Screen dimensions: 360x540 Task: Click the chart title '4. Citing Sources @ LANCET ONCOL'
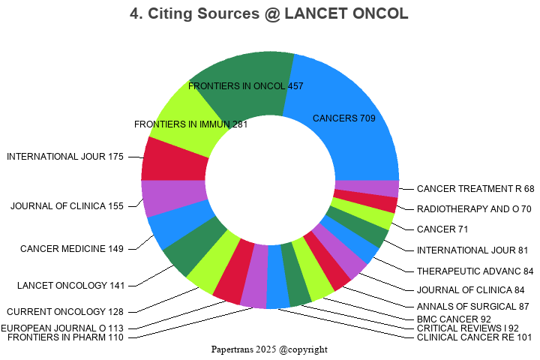coord(270,14)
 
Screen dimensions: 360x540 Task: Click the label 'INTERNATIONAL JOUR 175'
coord(65,157)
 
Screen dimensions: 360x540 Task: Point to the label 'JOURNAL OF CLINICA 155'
coord(67,206)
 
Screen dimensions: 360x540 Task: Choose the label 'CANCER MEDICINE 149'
coord(72,249)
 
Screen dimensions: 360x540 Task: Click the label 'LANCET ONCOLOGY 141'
coord(70,285)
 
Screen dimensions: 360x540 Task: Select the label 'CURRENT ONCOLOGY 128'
coord(65,311)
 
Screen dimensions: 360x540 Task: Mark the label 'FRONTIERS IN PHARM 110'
coord(65,337)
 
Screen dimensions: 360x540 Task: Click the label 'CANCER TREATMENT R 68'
coord(475,189)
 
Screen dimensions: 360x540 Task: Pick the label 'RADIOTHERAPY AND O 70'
coord(474,209)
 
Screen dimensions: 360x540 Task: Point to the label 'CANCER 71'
coord(442,229)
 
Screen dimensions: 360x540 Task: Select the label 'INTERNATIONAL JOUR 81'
coord(472,250)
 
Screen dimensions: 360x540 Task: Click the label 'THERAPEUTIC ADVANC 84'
coord(475,271)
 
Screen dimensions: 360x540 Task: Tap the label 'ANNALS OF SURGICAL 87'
coord(473,306)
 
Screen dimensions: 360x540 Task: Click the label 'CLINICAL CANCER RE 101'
coord(474,337)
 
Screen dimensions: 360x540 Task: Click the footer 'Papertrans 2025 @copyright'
coord(270,349)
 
